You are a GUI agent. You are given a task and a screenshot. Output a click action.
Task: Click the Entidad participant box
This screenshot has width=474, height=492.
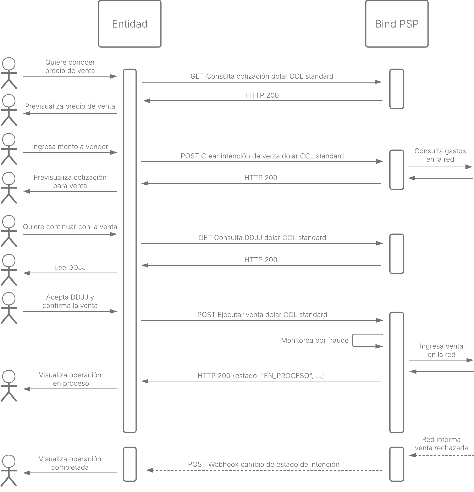(130, 24)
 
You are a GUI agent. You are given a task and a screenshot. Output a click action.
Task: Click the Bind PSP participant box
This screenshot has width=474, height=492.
(397, 24)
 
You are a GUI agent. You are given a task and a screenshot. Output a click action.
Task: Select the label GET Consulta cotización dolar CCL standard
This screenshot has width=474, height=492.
(262, 76)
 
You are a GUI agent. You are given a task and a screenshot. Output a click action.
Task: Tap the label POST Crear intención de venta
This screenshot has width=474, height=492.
(262, 156)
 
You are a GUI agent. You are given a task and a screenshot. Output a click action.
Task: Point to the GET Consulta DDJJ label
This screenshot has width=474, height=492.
(262, 238)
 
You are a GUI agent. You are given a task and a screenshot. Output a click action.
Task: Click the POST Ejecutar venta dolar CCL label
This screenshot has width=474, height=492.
(262, 315)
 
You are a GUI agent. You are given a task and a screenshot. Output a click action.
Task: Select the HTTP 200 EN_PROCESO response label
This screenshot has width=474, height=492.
(261, 376)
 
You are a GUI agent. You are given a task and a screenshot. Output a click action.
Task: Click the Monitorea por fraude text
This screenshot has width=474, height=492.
(315, 340)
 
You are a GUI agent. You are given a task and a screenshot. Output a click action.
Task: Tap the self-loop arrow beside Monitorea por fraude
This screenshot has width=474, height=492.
(352, 340)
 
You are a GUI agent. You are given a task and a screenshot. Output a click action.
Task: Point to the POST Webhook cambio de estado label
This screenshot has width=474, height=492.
(264, 464)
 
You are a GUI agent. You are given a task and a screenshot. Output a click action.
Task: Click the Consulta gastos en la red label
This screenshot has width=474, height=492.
(440, 155)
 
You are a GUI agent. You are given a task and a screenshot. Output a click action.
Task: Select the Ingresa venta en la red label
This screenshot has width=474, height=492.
(441, 350)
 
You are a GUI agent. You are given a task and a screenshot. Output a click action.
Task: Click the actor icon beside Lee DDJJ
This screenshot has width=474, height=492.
(9, 270)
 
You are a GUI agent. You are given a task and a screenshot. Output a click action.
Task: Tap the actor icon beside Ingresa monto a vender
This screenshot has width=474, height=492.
(9, 149)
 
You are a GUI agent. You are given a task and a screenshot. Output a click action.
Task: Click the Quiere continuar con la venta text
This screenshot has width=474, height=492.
(70, 227)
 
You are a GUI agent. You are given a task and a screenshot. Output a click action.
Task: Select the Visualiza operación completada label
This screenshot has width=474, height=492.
(70, 463)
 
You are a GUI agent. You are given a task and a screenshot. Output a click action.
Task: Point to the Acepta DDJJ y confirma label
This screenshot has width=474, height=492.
(70, 301)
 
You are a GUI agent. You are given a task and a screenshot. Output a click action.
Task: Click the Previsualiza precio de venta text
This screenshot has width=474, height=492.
(70, 106)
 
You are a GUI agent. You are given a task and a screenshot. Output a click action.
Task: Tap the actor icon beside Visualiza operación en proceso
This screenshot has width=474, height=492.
(9, 386)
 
